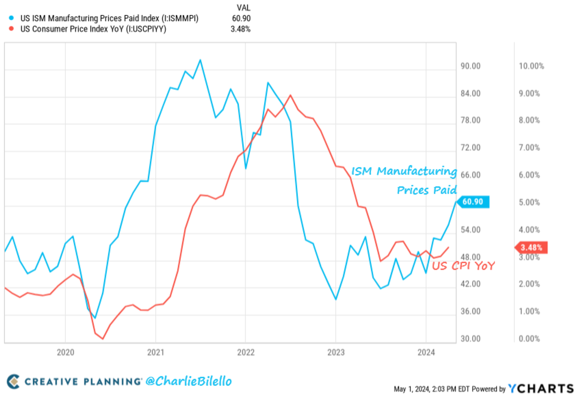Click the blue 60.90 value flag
[474, 202]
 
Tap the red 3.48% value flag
[531, 248]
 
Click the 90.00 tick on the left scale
[470, 66]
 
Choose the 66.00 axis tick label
[470, 175]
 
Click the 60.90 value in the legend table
[241, 18]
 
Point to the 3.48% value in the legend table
[241, 29]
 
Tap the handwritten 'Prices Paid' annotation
[426, 190]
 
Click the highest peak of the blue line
[200, 60]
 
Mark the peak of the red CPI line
[290, 95]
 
